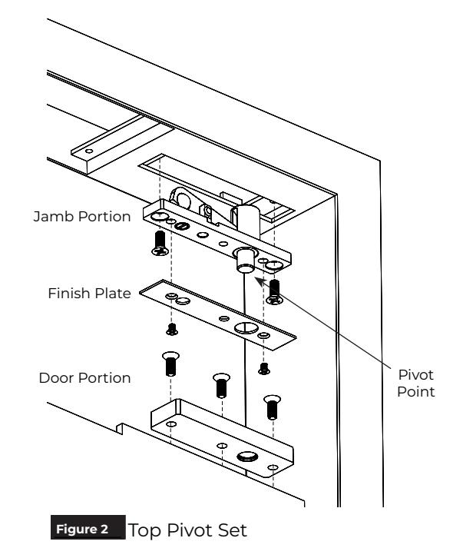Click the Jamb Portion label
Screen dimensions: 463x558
[x=82, y=217]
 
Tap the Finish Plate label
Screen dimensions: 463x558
[x=89, y=294]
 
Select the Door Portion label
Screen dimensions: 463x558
[x=84, y=378]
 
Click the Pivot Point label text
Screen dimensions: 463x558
[x=415, y=384]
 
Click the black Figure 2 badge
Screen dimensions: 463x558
[x=88, y=527]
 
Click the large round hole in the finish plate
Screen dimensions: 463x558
[x=246, y=328]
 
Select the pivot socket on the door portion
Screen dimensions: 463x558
[x=247, y=456]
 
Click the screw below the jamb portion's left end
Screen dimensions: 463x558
[x=160, y=244]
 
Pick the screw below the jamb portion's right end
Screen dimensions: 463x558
[x=275, y=292]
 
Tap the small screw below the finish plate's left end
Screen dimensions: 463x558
[x=172, y=329]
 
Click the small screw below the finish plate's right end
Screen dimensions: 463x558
[x=264, y=369]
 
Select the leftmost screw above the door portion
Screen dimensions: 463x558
[x=170, y=364]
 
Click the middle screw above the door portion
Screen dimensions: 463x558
[x=221, y=385]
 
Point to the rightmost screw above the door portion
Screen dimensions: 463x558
[x=272, y=407]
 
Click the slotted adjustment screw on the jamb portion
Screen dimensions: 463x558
[x=181, y=226]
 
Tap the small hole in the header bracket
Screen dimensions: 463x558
[x=89, y=151]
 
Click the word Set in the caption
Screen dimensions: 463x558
[x=233, y=530]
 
